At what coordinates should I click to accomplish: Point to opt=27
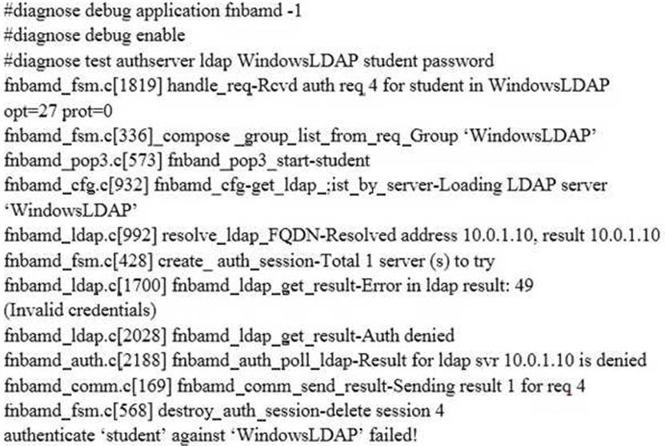click(x=30, y=112)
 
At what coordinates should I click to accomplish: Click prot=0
click(x=87, y=112)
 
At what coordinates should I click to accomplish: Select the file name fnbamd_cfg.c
click(x=53, y=186)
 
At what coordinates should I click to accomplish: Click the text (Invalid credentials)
click(x=80, y=310)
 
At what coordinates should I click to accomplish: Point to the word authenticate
click(x=49, y=436)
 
